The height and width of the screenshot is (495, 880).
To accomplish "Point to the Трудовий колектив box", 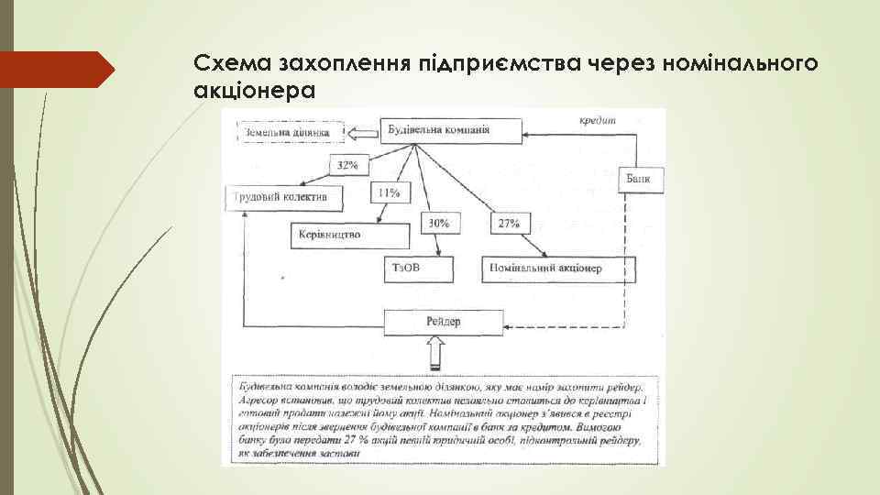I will click(x=275, y=196).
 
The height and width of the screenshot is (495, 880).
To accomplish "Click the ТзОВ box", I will click(x=418, y=269).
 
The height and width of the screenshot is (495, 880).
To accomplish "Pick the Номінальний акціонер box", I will click(x=558, y=269).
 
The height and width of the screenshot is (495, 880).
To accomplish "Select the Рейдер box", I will click(x=444, y=323).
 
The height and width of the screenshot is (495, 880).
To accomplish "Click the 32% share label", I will click(x=348, y=166).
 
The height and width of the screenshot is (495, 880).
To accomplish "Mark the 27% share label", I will click(x=508, y=223).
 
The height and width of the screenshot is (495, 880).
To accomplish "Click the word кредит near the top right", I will click(x=599, y=120).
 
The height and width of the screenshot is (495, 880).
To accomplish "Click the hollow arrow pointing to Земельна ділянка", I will click(x=363, y=134).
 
